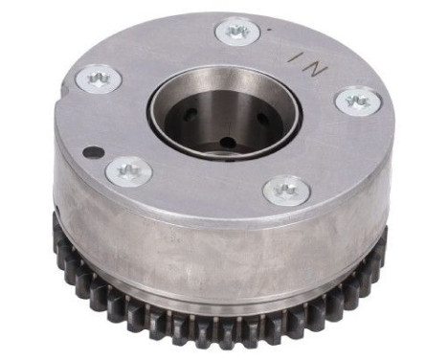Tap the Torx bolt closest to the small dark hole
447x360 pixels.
click(x=128, y=173)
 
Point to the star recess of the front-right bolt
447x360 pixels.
click(x=286, y=190)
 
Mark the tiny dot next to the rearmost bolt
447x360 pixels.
click(x=270, y=30)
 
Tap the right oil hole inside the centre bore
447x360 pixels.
click(x=260, y=120)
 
